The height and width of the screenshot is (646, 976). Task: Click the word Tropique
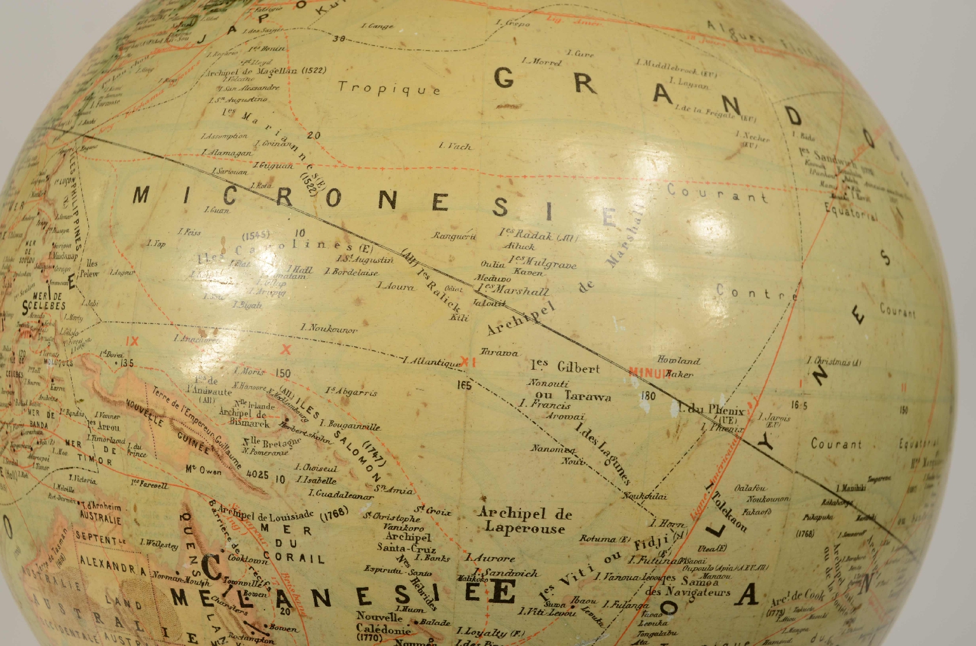pos(389,88)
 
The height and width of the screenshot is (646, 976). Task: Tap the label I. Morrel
pos(542,62)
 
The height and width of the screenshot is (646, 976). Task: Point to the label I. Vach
pos(455,146)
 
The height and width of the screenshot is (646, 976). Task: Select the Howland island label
pos(679,360)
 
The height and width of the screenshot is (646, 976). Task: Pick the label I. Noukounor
pos(329,328)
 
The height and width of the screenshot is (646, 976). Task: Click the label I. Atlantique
pos(432,362)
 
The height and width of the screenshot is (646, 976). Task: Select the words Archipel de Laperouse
pos(524,520)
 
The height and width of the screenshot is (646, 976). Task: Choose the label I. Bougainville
pos(349,425)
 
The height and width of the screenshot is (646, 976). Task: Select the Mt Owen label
pos(203,471)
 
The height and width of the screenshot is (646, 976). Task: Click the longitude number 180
pos(648,396)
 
